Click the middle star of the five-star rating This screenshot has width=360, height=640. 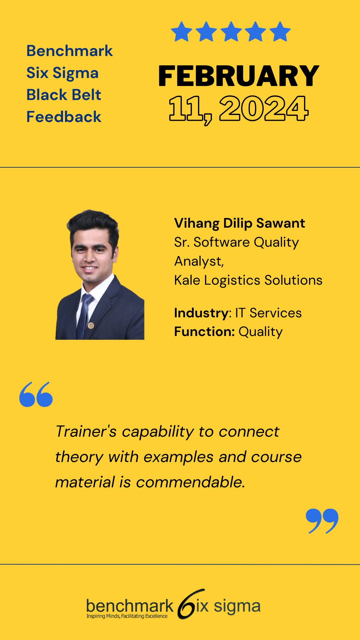231,31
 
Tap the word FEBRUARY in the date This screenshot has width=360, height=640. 239,76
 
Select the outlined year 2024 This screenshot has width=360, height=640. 264,108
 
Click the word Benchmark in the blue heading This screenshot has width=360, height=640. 70,51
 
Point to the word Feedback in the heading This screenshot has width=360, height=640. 64,117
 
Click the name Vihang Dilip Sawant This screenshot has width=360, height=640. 240,223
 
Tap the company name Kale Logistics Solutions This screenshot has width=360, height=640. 248,280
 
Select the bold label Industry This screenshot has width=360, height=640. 201,313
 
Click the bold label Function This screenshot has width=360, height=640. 204,332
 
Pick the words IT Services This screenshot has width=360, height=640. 268,313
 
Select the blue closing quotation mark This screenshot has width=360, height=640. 322,521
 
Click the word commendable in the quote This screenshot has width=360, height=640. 191,482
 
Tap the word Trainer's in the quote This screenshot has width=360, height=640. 86,432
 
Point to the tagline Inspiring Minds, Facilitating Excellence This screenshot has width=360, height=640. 127,616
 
